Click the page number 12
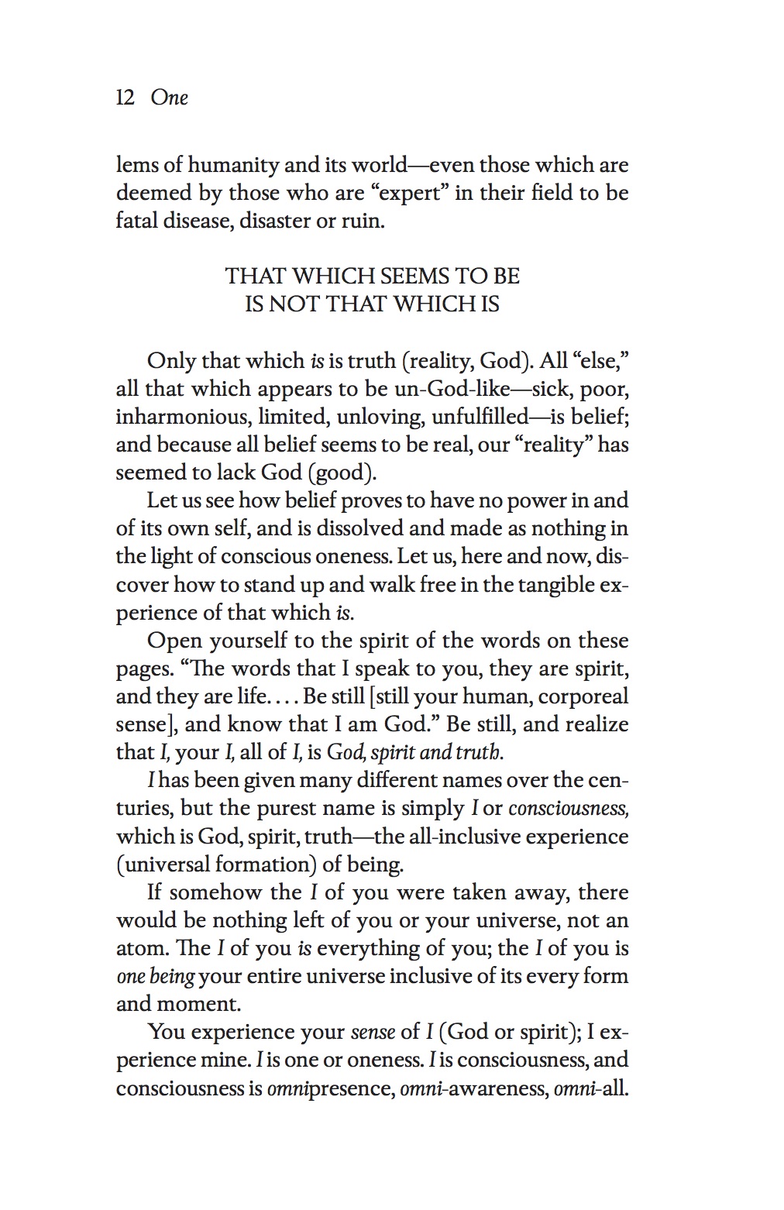pyautogui.click(x=126, y=98)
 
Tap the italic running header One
pyautogui.click(x=170, y=98)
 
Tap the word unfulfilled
pyautogui.click(x=480, y=417)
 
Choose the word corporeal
pyautogui.click(x=583, y=696)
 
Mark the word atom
pyautogui.click(x=142, y=948)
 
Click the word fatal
pyautogui.click(x=136, y=221)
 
